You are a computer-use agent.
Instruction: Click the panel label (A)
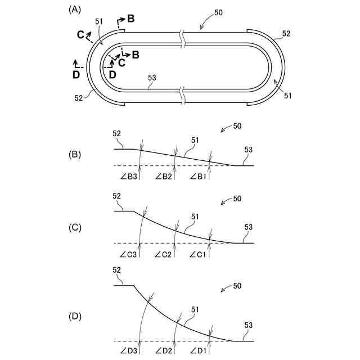click(74, 10)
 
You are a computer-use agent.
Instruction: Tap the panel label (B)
click(74, 154)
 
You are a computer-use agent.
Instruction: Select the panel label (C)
click(74, 228)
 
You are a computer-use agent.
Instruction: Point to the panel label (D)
click(74, 316)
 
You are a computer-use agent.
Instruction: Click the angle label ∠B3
click(128, 177)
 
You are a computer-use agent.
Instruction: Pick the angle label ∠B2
click(163, 177)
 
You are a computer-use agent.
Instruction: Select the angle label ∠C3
click(128, 254)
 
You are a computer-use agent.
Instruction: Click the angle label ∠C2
click(163, 254)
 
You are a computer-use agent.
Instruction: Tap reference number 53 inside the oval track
click(152, 79)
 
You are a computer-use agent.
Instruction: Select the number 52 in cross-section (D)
click(117, 270)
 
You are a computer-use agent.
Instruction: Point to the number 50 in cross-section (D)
click(237, 286)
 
